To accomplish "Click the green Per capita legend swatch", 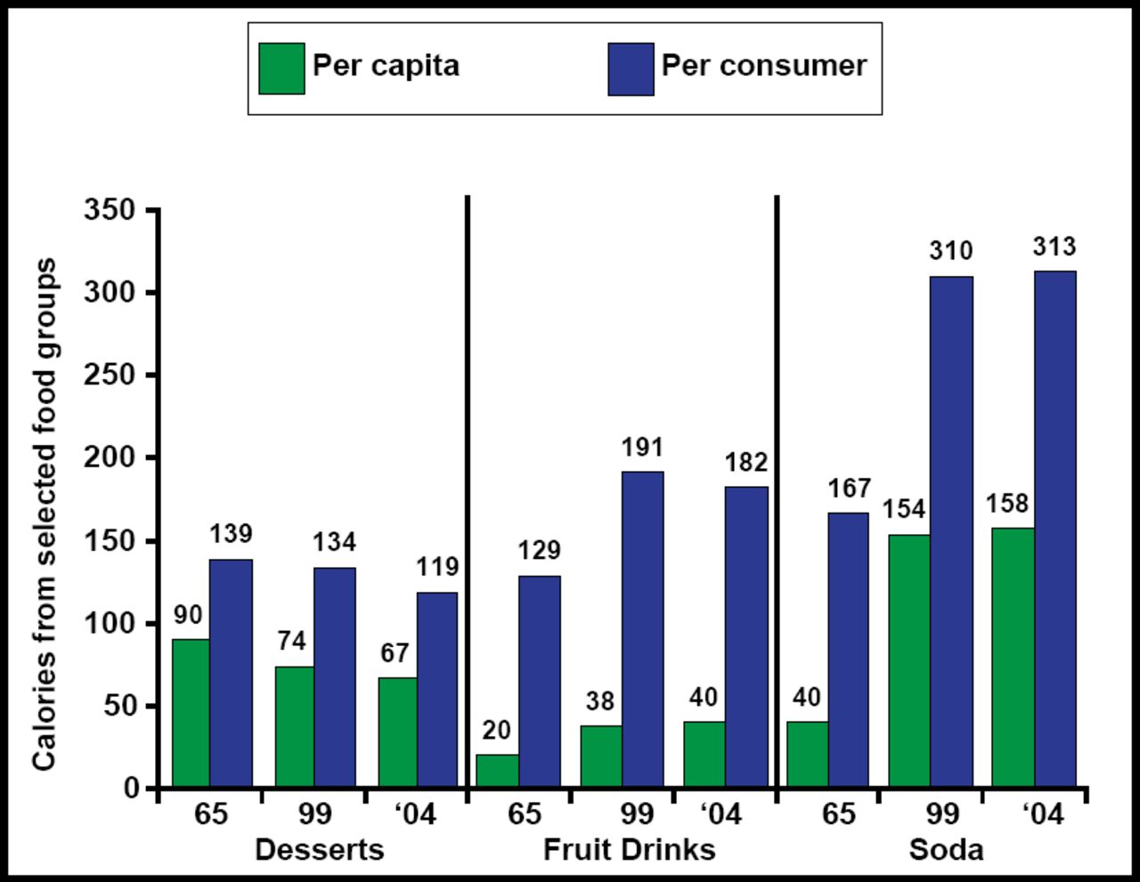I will pos(281,69).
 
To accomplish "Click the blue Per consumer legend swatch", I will pos(631,69).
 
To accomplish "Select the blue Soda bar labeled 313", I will pos(1054,529).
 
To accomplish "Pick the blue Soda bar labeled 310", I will pos(951,531).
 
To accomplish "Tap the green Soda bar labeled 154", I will pos(908,660).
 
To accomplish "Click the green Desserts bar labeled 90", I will pos(191,712).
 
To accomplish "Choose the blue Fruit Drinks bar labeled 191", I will pos(642,628).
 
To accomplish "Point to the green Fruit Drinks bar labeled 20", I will pos(497,770).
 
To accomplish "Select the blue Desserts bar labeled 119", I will pos(436,689).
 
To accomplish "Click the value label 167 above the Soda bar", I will pos(849,488).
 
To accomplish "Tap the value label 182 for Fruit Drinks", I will pos(745,462).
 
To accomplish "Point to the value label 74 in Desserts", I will pos(290,641).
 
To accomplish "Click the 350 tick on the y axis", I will pos(110,210).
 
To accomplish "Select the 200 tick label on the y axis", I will pos(110,457).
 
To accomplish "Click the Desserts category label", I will pos(319,849).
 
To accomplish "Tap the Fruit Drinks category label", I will pos(629,849).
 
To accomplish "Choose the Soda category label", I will pos(946,849).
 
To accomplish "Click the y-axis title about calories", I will pos(45,514).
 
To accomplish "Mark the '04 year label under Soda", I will pos(1042,813).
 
